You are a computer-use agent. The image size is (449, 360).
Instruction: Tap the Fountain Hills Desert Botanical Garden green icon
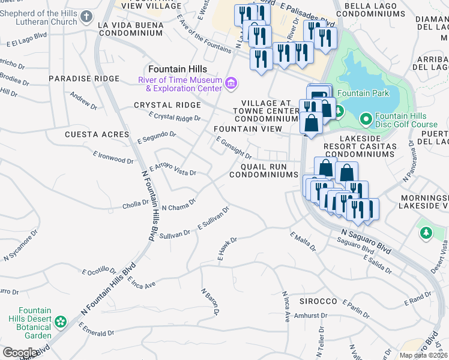[x=60, y=323]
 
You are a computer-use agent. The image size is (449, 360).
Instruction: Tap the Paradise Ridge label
[x=84, y=79]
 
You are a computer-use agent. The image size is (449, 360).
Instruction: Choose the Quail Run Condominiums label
[x=264, y=170]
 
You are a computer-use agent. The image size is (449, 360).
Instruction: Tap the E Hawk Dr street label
[x=228, y=248]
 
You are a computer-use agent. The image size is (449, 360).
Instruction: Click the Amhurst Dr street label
[x=310, y=315]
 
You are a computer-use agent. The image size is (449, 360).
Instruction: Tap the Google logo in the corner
[x=20, y=352]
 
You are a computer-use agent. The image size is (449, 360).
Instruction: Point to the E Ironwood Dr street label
[x=113, y=157]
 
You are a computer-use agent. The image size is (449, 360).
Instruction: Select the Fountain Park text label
[x=363, y=93]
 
